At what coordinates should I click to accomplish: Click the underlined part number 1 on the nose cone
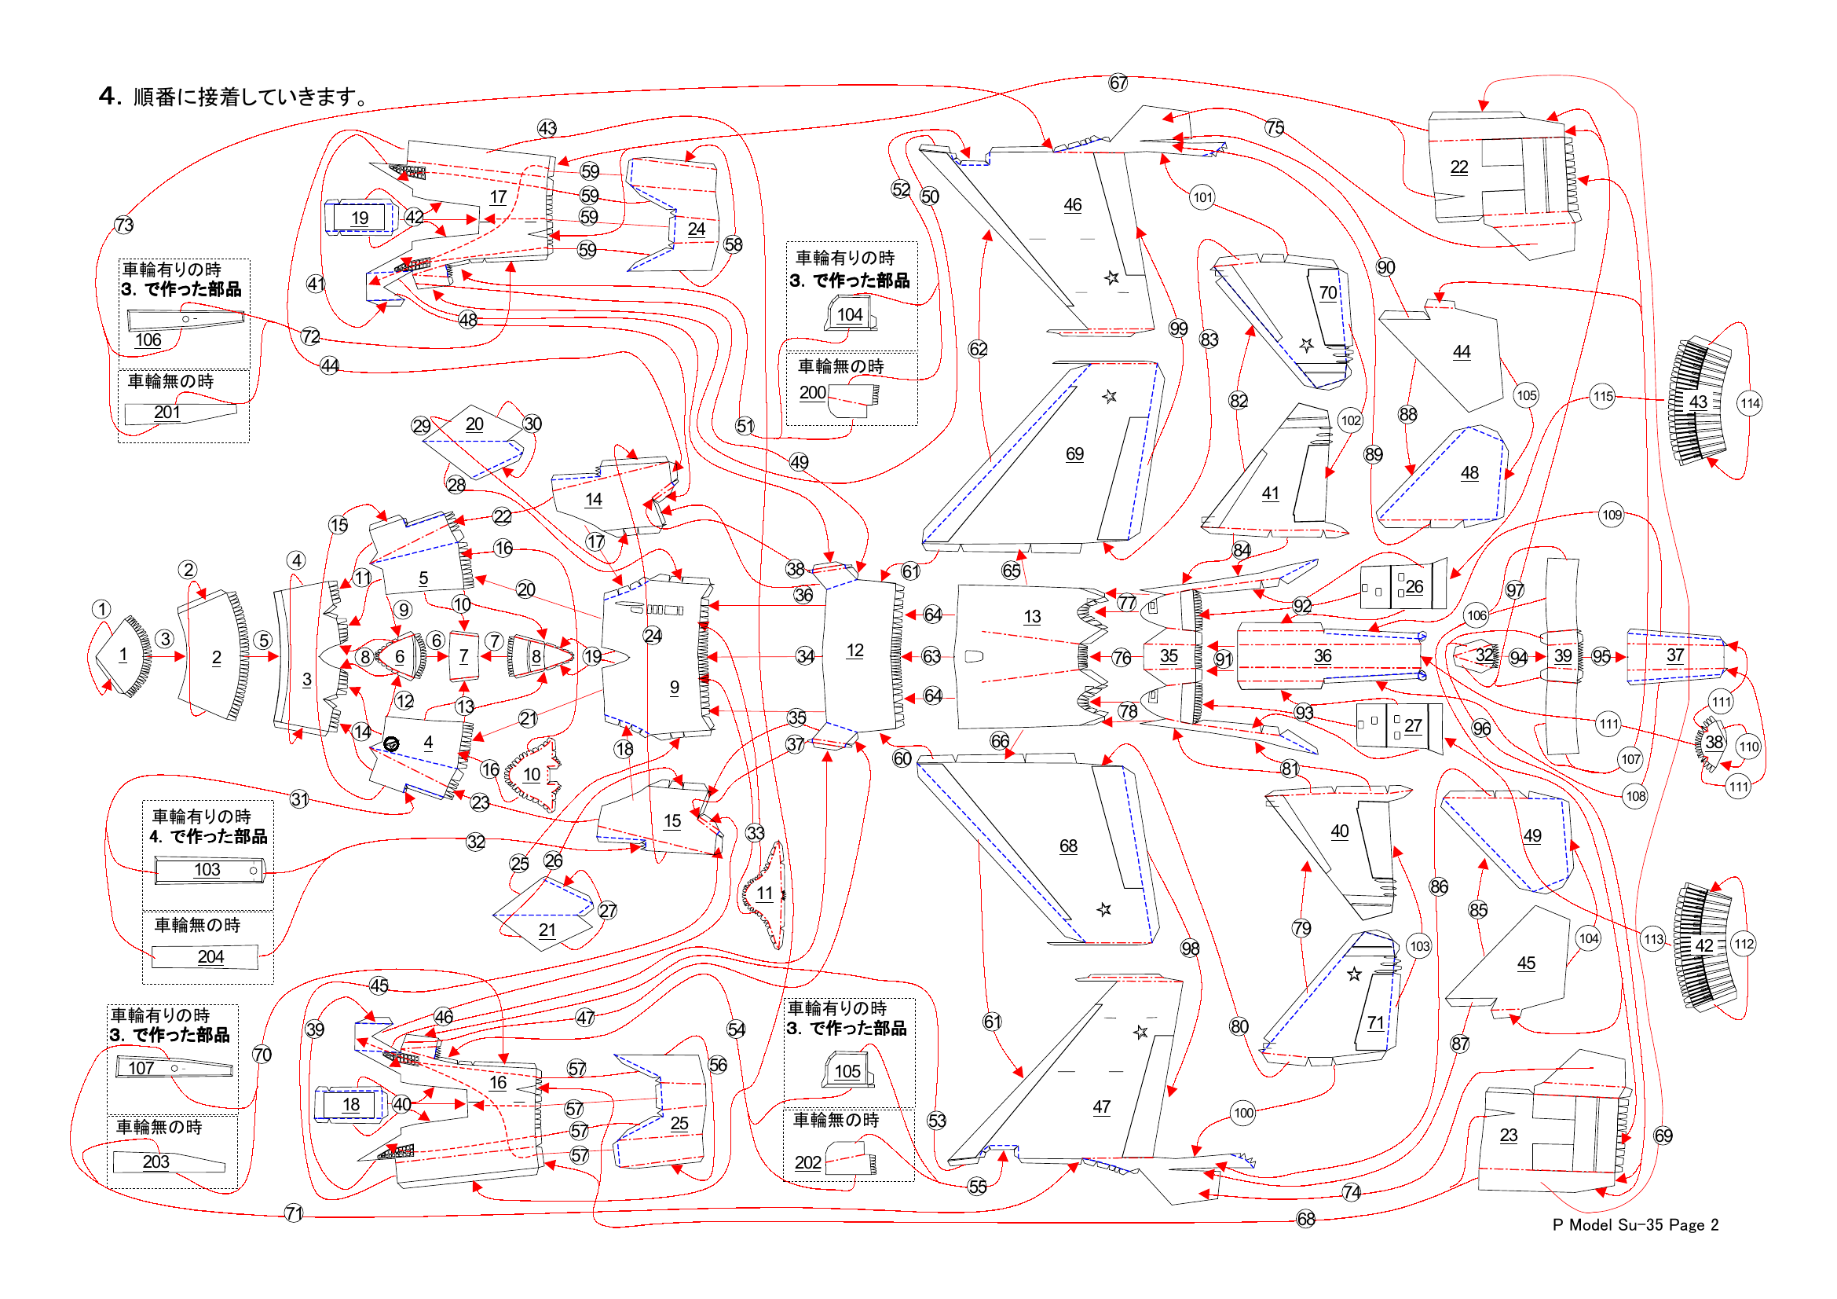pos(123,655)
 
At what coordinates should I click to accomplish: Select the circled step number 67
pos(1118,83)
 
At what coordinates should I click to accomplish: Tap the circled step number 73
pos(124,225)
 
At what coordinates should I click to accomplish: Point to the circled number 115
pos(1603,396)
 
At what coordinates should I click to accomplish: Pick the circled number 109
pos(1612,515)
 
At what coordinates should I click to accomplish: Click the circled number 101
pos(1202,197)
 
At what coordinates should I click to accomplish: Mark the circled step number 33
pos(756,833)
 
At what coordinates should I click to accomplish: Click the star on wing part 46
pos(1111,277)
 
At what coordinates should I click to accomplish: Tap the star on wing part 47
pos(1141,1032)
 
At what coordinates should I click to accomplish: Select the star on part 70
pos(1307,345)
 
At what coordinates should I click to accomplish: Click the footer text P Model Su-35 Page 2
pos(1634,1224)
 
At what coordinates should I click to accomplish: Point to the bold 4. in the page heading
pos(110,96)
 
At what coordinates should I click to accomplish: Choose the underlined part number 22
pos(1459,167)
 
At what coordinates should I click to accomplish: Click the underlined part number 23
pos(1508,1135)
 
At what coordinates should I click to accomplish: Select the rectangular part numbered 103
pos(208,870)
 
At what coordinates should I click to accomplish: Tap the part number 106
pos(148,340)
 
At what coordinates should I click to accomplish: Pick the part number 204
pos(210,956)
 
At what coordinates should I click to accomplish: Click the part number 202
pos(808,1162)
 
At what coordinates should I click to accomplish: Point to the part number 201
pos(167,413)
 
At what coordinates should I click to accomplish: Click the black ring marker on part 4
pos(391,744)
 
